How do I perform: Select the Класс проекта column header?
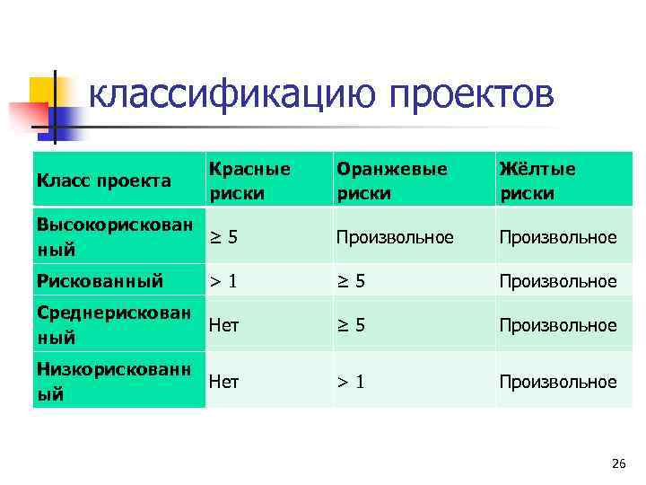pos(103,181)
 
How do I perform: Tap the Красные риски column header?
pos(249,181)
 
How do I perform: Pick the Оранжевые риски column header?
pos(391,181)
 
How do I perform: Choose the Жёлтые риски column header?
pos(537,181)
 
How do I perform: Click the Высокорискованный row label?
pos(113,236)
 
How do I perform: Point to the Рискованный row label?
pos(100,281)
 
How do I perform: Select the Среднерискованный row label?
pos(113,324)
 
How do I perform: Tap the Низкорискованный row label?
pos(113,381)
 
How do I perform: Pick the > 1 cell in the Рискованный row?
pos(223,281)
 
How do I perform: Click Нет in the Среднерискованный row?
pos(224,325)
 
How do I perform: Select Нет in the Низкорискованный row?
pos(224,382)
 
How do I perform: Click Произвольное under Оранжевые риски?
pos(395,237)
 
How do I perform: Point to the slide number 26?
pos(617,463)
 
